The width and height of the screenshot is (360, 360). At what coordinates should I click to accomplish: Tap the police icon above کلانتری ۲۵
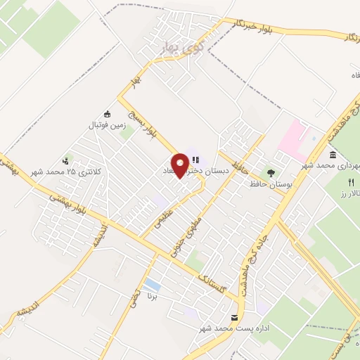pyautogui.click(x=67, y=161)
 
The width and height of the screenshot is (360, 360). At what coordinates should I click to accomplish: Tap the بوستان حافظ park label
pyautogui.click(x=266, y=184)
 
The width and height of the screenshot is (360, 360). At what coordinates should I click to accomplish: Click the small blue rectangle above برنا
pyautogui.click(x=151, y=285)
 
